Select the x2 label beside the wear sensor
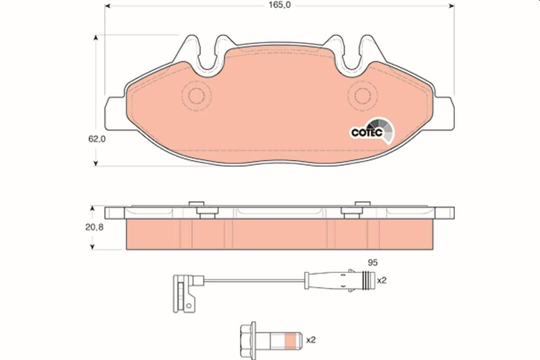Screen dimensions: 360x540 [382, 280]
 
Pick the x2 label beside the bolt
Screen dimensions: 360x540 [311, 340]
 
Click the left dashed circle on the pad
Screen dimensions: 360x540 [196, 94]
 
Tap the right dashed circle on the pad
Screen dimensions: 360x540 [362, 94]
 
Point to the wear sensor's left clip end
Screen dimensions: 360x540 [183, 292]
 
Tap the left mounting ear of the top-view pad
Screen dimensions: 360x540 [113, 113]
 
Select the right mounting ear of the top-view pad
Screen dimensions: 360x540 [444, 113]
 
